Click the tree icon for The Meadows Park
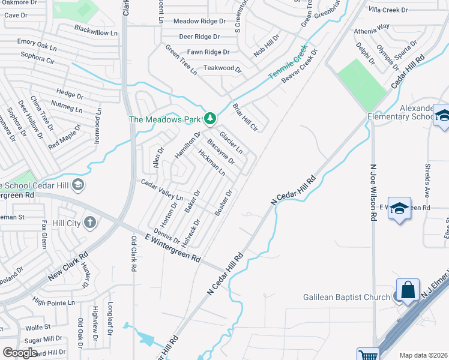[209, 118]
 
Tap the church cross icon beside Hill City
[90, 223]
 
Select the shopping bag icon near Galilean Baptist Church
[408, 290]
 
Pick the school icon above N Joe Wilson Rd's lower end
[400, 208]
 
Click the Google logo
[20, 353]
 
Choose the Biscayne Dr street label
[220, 152]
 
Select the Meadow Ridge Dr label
[199, 21]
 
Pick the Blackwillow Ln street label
[94, 29]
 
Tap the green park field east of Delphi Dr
[361, 84]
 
